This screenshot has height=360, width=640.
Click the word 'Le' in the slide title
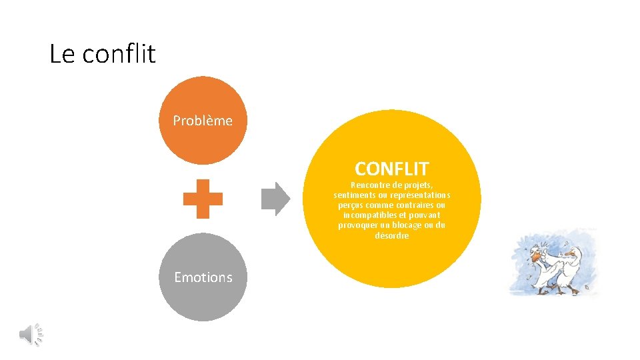tap(62, 54)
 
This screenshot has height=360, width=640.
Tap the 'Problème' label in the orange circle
tap(203, 121)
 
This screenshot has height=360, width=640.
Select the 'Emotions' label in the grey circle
tap(203, 277)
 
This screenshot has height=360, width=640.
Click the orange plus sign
tap(203, 199)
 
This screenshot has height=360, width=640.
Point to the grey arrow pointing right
tap(275, 199)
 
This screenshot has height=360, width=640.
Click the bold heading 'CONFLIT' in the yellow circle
tap(392, 169)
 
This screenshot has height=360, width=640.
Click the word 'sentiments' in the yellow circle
tap(355, 195)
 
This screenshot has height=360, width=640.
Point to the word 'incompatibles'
tap(369, 215)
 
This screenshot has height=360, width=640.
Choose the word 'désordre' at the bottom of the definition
tap(392, 235)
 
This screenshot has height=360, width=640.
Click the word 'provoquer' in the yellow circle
tap(359, 225)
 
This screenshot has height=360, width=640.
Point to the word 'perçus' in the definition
tap(351, 205)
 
